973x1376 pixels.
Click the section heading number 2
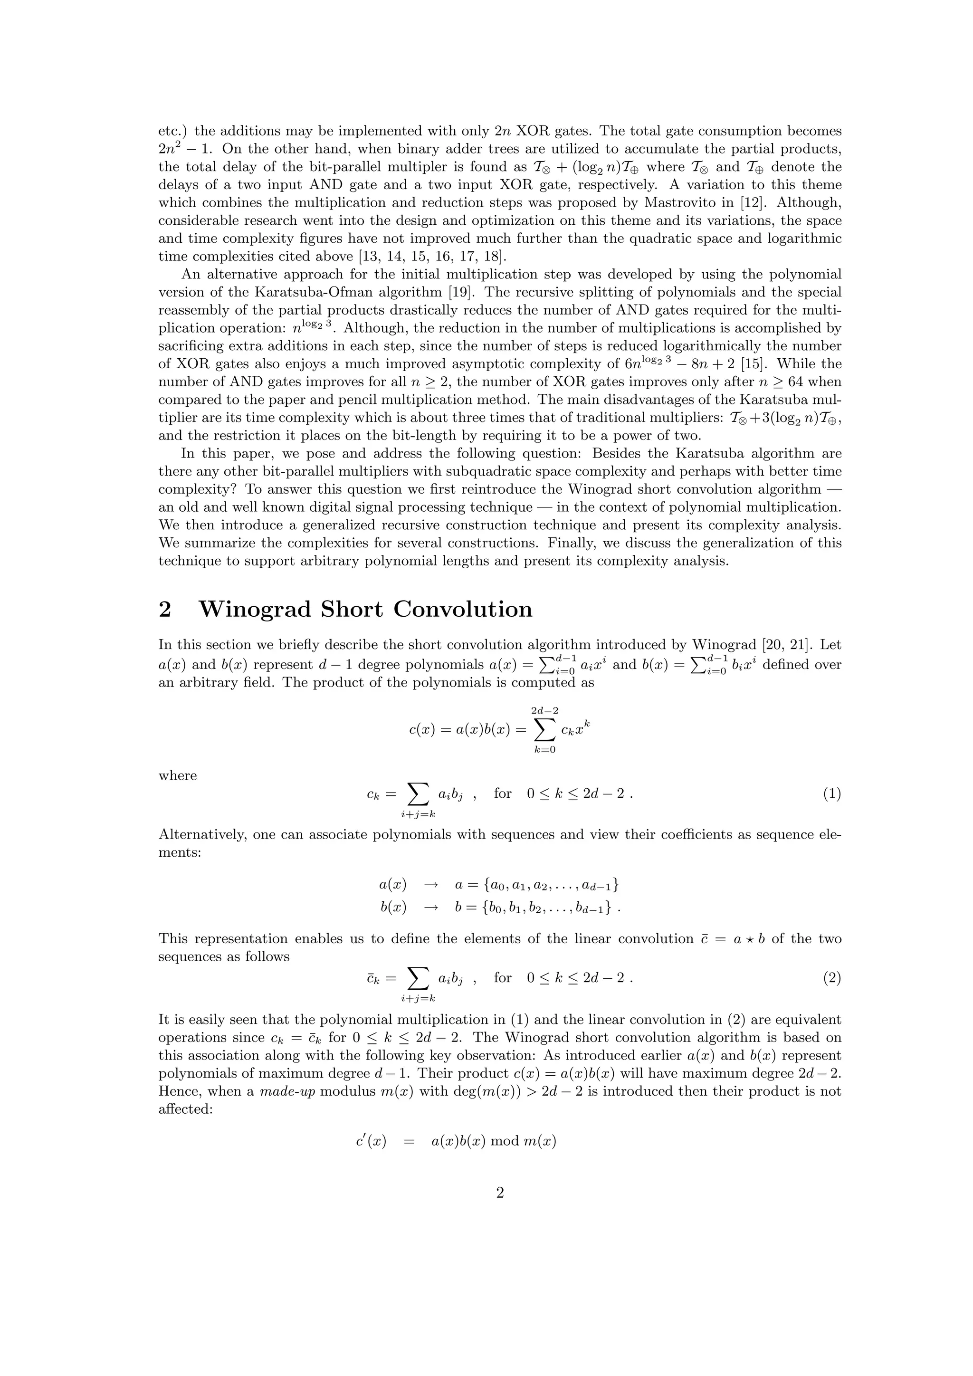tap(165, 610)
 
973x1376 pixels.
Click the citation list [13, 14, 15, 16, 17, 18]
tap(432, 257)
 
